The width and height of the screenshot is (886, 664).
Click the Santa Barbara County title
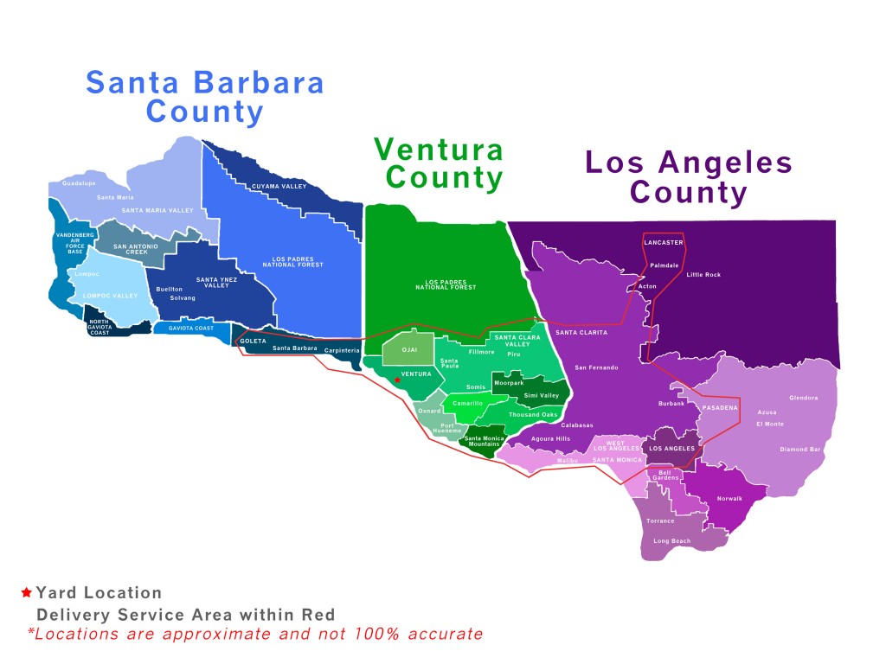coord(205,97)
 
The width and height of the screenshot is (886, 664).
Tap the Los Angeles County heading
coord(689,177)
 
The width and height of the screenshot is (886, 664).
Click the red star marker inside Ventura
coord(397,380)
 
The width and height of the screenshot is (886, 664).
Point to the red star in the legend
coord(26,593)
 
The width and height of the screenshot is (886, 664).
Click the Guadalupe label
coord(80,183)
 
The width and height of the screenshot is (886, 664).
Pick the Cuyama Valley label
coord(279,186)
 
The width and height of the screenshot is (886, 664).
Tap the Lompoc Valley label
coord(110,296)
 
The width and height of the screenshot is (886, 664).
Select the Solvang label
coord(183,298)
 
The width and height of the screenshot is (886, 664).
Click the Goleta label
coord(253,341)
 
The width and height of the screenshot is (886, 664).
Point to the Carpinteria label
coord(342,350)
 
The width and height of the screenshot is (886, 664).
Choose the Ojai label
coord(410,349)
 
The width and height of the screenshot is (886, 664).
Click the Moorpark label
coord(508,382)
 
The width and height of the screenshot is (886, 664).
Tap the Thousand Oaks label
coord(533,415)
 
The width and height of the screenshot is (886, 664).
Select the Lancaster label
coord(664,243)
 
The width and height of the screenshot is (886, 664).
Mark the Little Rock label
coord(703,275)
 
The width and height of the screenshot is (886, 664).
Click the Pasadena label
coord(720,407)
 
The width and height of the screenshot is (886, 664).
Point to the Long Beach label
coord(672,541)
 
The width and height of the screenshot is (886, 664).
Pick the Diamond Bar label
coord(800,450)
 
